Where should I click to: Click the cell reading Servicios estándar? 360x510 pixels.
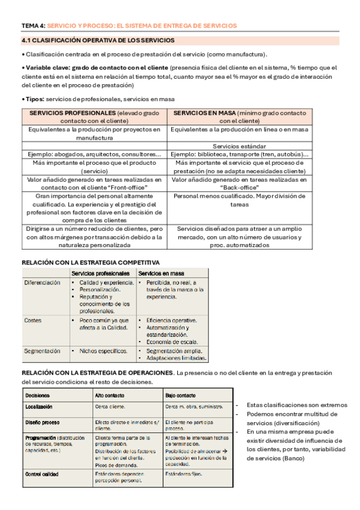(239, 146)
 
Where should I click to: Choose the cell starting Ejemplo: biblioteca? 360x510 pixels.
(239, 154)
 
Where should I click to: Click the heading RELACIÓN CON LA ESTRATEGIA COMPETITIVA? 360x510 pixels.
(91, 262)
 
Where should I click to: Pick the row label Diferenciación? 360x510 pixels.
(42, 282)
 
